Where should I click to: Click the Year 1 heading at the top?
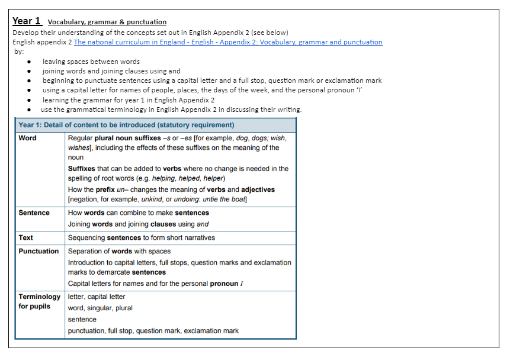click(27, 21)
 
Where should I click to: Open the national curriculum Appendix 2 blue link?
click(228, 42)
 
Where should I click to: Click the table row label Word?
click(27, 138)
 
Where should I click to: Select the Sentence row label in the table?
click(34, 213)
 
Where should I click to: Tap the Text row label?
click(25, 237)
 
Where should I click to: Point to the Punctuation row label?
click(39, 251)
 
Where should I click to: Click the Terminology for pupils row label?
click(39, 301)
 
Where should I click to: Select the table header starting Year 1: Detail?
click(126, 125)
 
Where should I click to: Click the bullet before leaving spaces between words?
click(30, 62)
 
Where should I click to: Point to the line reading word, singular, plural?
click(100, 308)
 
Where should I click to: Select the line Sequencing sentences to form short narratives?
click(142, 237)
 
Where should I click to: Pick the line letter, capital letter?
click(97, 297)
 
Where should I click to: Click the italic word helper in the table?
click(213, 178)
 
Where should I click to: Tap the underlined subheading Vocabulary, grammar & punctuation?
click(107, 22)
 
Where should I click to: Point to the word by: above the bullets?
click(19, 52)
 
